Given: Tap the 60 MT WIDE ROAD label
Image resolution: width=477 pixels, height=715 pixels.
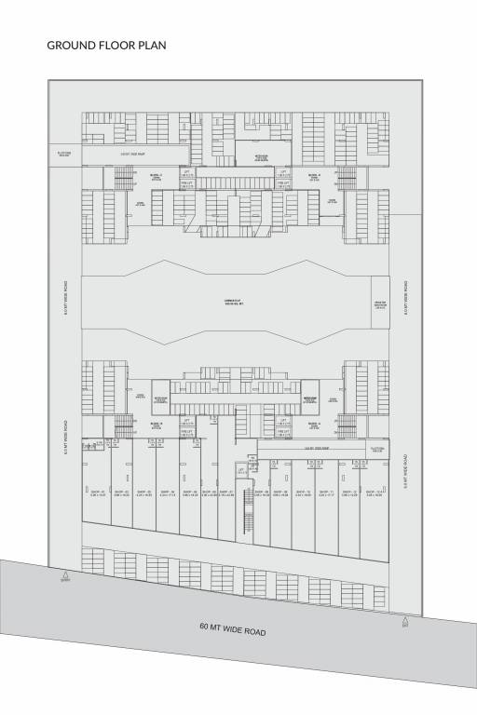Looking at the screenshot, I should [233, 630].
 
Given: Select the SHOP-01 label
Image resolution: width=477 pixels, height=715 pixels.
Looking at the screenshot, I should [98, 493].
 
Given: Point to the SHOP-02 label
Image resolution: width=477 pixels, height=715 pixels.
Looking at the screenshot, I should [121, 493].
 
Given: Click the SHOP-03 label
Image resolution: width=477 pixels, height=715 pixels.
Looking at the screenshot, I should [143, 493].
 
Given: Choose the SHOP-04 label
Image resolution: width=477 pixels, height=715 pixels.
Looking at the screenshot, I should [167, 493].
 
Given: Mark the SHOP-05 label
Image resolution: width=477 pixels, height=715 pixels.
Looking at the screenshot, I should [189, 493].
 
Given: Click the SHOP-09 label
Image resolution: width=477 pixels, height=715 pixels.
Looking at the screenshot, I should [280, 493].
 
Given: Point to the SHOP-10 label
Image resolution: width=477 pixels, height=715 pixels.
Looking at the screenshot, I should [303, 493].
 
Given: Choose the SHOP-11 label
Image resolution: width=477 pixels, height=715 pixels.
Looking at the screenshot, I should [326, 493].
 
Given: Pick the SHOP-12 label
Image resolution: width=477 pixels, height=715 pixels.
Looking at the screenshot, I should [349, 493].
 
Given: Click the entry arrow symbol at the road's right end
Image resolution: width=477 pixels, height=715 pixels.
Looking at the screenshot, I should [403, 620].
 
